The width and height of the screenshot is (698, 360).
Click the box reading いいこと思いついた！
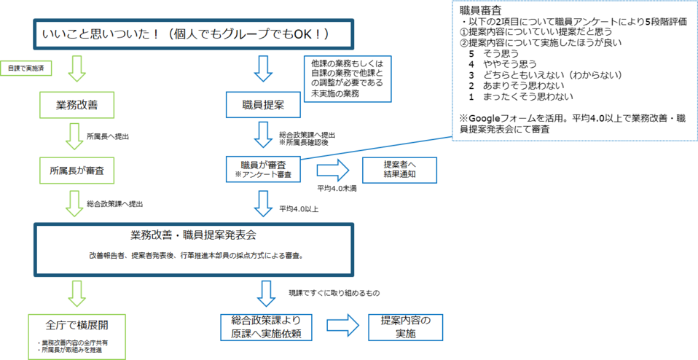(194, 34)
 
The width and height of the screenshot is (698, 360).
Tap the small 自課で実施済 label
(20, 68)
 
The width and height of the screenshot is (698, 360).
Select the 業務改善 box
(77, 106)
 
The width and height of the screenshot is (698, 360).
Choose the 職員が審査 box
(262, 169)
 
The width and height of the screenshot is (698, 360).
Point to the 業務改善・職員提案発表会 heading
(193, 236)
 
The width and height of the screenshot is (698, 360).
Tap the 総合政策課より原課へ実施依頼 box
(267, 327)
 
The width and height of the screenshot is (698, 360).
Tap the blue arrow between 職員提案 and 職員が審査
(262, 136)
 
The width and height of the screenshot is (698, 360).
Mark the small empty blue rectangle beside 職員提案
(348, 79)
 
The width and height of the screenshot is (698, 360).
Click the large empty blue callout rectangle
(574, 70)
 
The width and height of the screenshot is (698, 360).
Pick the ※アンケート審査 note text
(262, 175)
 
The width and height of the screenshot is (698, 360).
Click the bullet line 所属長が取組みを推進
(71, 350)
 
